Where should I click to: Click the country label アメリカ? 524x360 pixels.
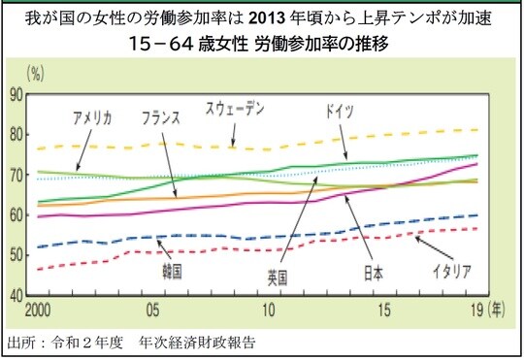92,118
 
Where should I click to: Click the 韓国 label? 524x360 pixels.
154,265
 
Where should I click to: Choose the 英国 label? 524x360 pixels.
277,278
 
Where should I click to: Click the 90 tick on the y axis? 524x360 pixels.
16,94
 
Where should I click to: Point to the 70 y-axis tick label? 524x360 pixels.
16,175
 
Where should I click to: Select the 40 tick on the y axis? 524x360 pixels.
16,295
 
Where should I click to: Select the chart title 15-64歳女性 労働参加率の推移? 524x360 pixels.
261,45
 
